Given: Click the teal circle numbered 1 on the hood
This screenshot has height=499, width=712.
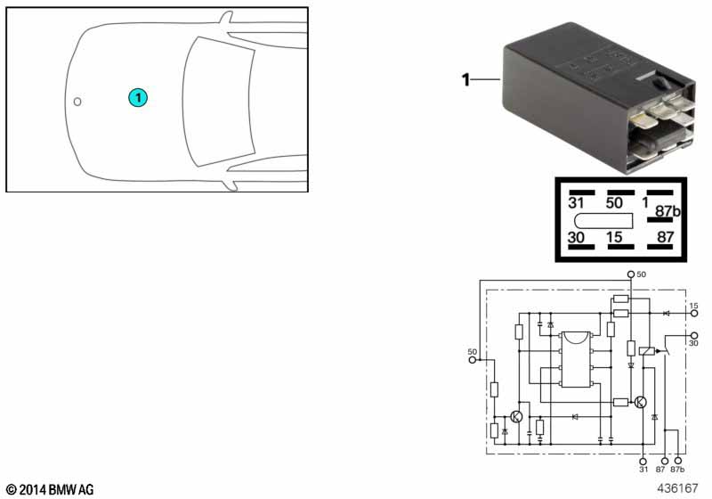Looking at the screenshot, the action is [138, 97].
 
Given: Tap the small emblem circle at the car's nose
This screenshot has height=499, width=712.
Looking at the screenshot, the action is [77, 102].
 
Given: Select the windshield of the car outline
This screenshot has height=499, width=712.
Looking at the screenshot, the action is [218, 102].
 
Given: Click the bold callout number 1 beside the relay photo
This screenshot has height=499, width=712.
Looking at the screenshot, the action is [465, 80].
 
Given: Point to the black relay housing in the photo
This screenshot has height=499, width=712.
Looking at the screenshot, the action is [598, 97].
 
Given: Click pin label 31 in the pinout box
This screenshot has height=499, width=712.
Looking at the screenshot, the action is [576, 202].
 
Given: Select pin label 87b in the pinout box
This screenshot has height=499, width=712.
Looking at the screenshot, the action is [668, 211].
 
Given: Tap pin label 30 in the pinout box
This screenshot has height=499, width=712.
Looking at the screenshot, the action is [576, 237].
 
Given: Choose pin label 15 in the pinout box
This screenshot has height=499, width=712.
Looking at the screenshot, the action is [614, 237].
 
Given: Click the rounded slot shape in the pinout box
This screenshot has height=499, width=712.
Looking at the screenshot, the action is [603, 220].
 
